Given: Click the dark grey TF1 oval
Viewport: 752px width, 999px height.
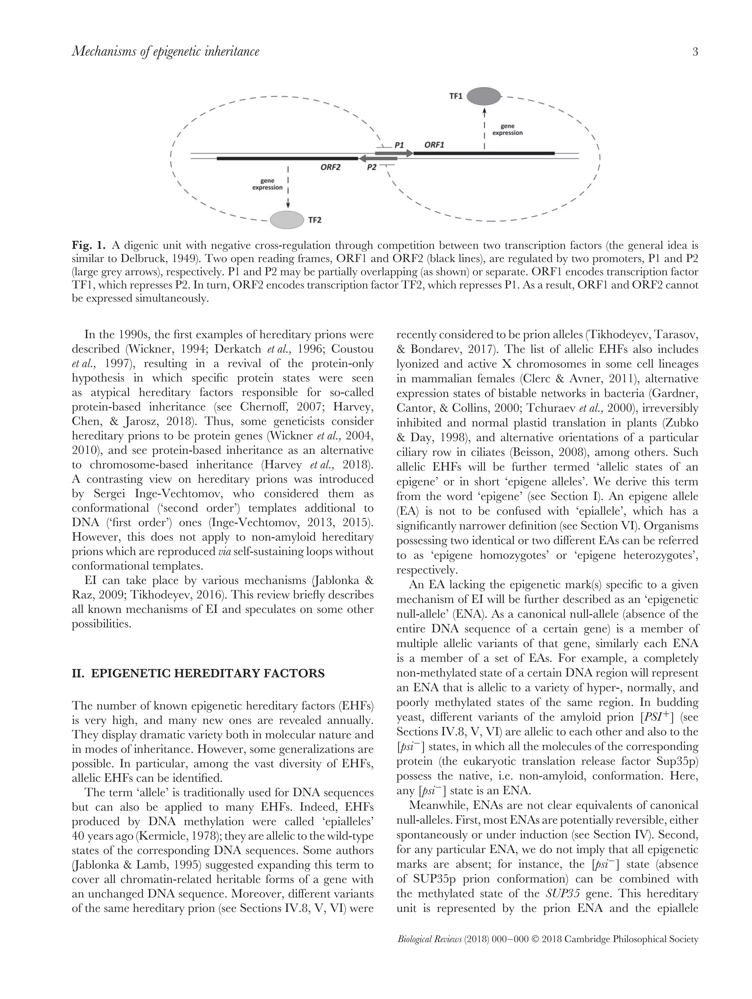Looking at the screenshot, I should (483, 96).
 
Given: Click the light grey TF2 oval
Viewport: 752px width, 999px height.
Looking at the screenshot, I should (287, 220).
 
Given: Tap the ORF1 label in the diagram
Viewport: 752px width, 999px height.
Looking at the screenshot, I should (434, 145).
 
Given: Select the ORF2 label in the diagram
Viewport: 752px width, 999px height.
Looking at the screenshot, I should (330, 167).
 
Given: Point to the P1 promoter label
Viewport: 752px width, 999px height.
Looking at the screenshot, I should (399, 145).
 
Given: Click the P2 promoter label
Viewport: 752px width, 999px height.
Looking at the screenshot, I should (371, 167).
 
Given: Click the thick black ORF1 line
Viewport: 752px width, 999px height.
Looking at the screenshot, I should (483, 153).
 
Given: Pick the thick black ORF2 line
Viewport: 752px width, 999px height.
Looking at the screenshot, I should (287, 159).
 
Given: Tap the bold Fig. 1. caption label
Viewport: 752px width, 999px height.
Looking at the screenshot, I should (89, 246).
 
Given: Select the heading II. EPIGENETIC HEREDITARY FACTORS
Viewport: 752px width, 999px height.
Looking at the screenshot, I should (198, 673).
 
